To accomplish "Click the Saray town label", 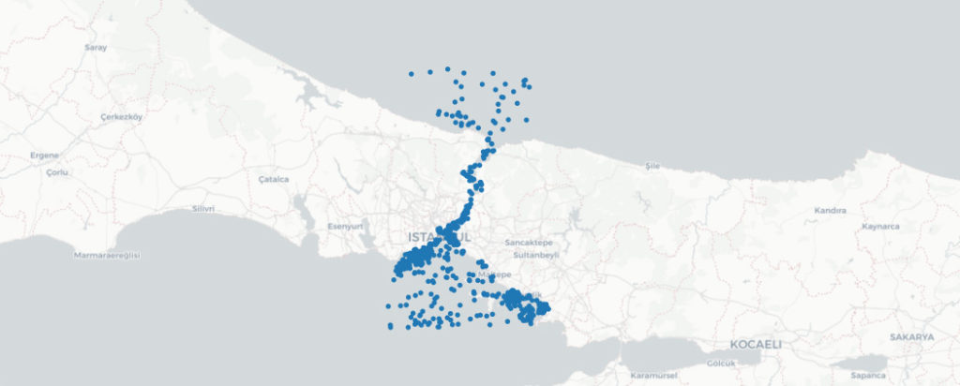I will [x=96, y=47].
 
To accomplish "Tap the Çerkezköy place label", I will [x=120, y=117].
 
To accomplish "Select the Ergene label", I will [x=44, y=155].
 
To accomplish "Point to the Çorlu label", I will [x=57, y=173].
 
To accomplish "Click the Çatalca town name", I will [x=274, y=178].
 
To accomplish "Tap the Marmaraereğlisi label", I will [x=107, y=255].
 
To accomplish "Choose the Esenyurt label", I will [x=344, y=226].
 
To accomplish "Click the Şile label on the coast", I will [x=653, y=166].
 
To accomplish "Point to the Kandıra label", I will [x=831, y=211].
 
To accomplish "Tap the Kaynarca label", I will [x=881, y=226].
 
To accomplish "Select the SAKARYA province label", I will [x=912, y=336].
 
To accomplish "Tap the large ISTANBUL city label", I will [x=439, y=236].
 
